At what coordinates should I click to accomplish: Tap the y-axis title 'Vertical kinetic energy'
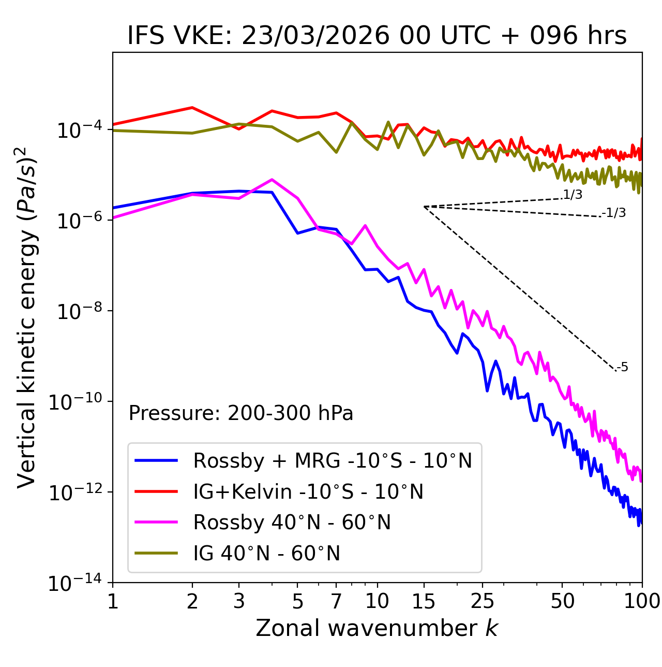click(27, 317)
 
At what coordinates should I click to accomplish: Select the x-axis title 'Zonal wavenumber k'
click(377, 628)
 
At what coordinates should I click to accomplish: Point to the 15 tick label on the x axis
click(424, 601)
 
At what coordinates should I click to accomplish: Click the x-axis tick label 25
click(483, 601)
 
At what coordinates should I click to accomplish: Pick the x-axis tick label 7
click(336, 601)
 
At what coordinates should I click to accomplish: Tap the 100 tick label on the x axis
click(642, 601)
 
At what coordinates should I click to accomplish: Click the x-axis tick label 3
click(239, 601)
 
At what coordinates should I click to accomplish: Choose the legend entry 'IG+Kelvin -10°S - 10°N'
click(308, 491)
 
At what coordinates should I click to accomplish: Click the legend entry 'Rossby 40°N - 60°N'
click(292, 523)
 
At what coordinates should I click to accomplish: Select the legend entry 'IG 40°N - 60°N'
click(266, 554)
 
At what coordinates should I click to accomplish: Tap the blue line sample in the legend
click(156, 460)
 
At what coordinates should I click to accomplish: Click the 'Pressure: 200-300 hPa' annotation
click(241, 413)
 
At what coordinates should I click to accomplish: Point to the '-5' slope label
click(622, 367)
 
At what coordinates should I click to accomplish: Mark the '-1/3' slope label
click(614, 212)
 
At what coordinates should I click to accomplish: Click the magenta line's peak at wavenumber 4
click(272, 180)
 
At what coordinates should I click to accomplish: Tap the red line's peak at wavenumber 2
click(192, 108)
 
